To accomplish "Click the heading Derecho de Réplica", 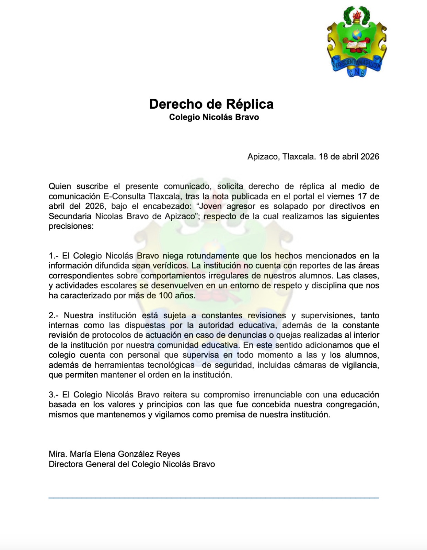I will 211,104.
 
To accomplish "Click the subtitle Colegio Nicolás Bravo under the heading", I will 214,117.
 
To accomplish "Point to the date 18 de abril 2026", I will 349,157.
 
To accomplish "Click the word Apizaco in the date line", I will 263,157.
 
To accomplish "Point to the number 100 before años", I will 165,296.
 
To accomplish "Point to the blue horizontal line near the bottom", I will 213,497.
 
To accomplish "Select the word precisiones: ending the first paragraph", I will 71,227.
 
